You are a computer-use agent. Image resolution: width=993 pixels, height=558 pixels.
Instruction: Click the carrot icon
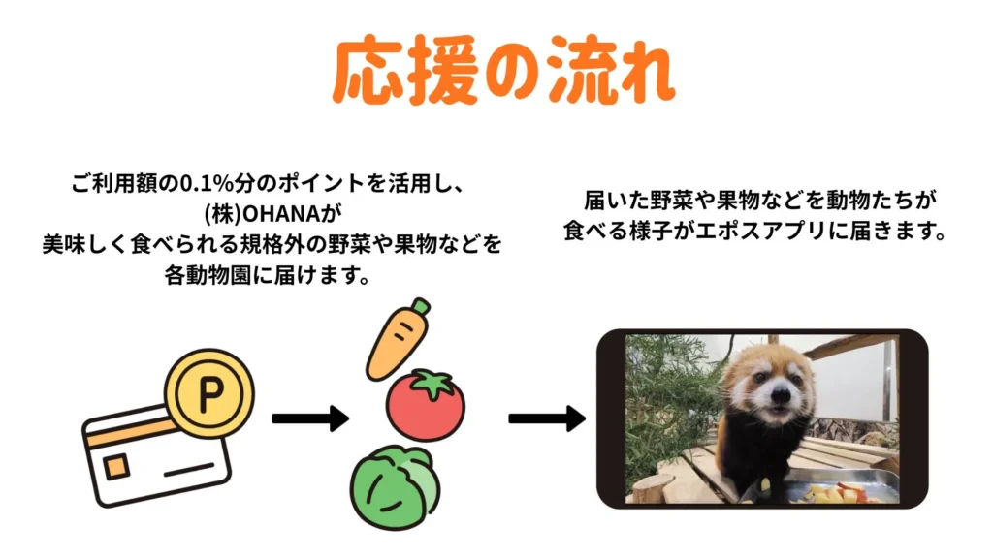[x=395, y=343]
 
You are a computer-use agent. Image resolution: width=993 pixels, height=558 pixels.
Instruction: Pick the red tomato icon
[x=425, y=405]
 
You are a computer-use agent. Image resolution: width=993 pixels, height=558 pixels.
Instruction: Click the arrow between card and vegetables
[x=309, y=418]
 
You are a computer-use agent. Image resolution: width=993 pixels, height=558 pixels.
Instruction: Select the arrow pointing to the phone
[x=547, y=418]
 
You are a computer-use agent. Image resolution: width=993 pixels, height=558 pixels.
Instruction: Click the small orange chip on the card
[x=117, y=467]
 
